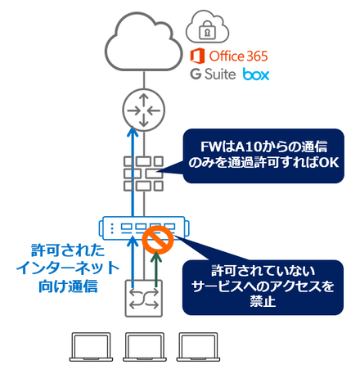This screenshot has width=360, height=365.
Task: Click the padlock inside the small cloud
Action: pos(207,30)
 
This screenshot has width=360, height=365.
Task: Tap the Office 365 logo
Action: pos(229,56)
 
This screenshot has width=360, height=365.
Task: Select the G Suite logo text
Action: pos(213,74)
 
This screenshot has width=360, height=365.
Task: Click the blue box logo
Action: pos(256,74)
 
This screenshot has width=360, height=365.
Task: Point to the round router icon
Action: pos(144,110)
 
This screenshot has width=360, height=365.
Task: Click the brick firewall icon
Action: pos(144,173)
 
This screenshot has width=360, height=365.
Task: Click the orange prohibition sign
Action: pos(158,240)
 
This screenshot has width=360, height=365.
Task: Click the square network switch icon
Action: pos(144,299)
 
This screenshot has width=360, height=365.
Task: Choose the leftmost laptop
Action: pos(91,347)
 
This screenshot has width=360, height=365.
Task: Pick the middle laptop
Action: pos(145,347)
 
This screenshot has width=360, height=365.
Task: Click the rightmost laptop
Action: pos(198,347)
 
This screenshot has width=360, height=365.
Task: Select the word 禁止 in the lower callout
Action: pos(263,301)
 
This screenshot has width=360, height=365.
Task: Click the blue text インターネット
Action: pos(68,268)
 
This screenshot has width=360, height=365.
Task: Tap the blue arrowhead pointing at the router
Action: pos(133,132)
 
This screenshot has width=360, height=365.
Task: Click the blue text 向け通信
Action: pos(68,286)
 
